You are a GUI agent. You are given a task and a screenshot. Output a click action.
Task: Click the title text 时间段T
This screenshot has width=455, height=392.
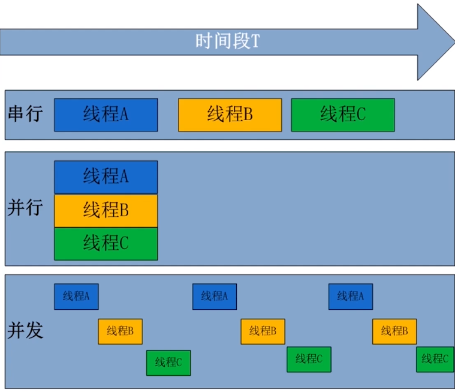pyautogui.click(x=227, y=41)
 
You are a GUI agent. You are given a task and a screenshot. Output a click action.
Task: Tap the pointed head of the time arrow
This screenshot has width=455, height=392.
pyautogui.click(x=435, y=41)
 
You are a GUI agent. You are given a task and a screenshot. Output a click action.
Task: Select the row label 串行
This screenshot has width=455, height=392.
pyautogui.click(x=25, y=114)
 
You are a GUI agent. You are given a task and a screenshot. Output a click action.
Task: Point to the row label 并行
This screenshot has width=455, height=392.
pyautogui.click(x=25, y=208)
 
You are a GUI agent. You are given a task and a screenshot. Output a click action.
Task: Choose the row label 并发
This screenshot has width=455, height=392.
pyautogui.click(x=25, y=330)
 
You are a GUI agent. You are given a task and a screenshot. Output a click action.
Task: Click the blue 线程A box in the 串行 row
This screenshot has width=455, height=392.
pyautogui.click(x=106, y=115)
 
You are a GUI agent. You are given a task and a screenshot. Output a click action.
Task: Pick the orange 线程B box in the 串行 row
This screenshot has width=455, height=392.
pyautogui.click(x=230, y=115)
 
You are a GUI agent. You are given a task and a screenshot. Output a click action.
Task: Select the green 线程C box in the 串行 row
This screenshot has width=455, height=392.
pyautogui.click(x=343, y=115)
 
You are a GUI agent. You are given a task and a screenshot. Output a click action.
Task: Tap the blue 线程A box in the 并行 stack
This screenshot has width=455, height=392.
pyautogui.click(x=106, y=177)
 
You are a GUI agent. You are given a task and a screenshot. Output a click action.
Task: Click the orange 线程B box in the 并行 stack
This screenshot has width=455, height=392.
pyautogui.click(x=106, y=211)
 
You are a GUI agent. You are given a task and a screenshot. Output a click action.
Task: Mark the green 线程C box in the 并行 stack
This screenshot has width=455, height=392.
pyautogui.click(x=106, y=244)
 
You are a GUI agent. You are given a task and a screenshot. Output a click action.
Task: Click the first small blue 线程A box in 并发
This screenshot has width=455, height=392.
pyautogui.click(x=76, y=297)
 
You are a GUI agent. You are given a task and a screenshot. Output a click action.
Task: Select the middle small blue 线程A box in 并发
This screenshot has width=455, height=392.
pyautogui.click(x=215, y=297)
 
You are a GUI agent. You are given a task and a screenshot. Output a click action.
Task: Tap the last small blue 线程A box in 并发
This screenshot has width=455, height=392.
pyautogui.click(x=351, y=297)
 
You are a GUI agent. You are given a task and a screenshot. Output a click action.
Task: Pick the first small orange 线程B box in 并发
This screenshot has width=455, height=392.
pyautogui.click(x=120, y=331)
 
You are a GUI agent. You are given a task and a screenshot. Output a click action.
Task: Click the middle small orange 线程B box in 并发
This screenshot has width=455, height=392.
pyautogui.click(x=263, y=331)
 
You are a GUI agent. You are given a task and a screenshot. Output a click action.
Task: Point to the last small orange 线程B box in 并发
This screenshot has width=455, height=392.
pyautogui.click(x=394, y=331)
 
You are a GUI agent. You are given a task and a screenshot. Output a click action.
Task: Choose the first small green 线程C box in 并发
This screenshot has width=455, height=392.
pyautogui.click(x=168, y=363)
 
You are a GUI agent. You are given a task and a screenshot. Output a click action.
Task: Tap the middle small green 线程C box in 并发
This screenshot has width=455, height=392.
pyautogui.click(x=309, y=360)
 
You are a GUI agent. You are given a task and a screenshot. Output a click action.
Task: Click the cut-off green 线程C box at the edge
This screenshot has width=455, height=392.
pyautogui.click(x=436, y=360)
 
